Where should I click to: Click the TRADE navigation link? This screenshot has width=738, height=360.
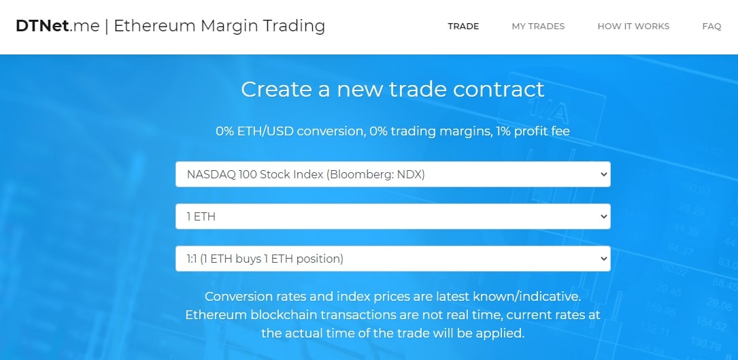463,27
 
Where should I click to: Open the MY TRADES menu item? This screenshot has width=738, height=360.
538,27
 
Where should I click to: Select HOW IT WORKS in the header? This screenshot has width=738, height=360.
633,27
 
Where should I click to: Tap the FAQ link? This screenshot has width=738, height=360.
711,27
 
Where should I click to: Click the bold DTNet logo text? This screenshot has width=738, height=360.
42,26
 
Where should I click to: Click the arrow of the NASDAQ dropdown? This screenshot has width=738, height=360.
604,174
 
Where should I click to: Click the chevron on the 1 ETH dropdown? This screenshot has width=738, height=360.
604,217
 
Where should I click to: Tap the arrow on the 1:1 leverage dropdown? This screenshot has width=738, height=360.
604,259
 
